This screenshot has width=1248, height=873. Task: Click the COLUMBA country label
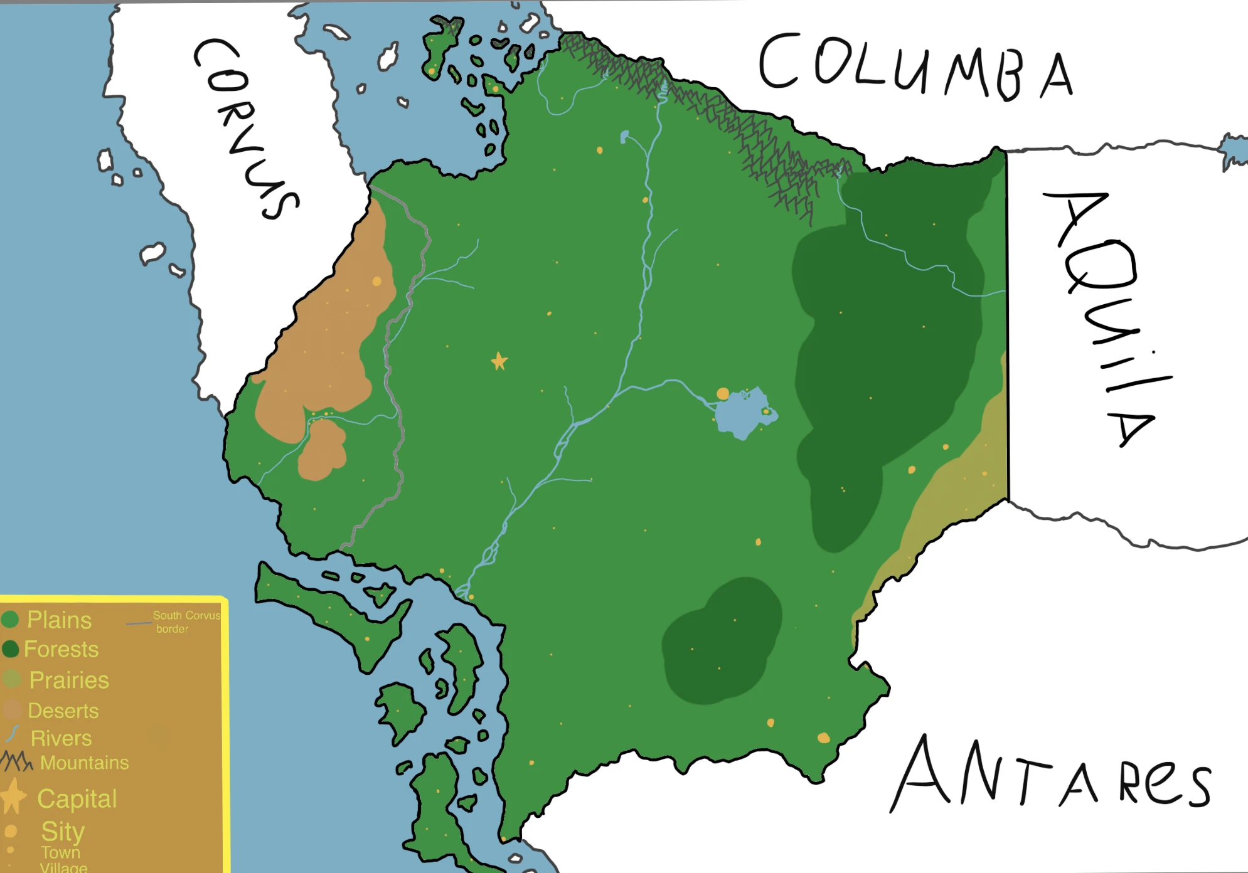click(x=916, y=66)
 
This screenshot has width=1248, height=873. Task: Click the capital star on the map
click(x=499, y=361)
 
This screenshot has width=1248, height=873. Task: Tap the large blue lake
click(x=744, y=414)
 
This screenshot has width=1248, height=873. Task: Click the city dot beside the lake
click(x=723, y=394)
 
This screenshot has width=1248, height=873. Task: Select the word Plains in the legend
click(x=59, y=620)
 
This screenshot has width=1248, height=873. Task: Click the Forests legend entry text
click(x=61, y=649)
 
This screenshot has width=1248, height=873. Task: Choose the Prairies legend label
click(x=69, y=680)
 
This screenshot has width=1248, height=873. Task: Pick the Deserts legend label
click(x=63, y=711)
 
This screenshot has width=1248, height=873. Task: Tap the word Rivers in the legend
click(x=61, y=738)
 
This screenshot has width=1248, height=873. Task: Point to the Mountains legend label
click(x=84, y=763)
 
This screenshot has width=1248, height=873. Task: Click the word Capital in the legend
click(x=77, y=798)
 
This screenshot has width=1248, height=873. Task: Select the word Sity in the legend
click(x=62, y=831)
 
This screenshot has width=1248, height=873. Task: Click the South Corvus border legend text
click(x=186, y=622)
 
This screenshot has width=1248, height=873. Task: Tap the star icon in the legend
click(x=13, y=796)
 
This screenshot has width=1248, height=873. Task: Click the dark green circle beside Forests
click(x=11, y=649)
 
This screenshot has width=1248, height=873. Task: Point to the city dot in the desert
click(x=376, y=282)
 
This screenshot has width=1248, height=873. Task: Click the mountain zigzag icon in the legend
click(x=16, y=761)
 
